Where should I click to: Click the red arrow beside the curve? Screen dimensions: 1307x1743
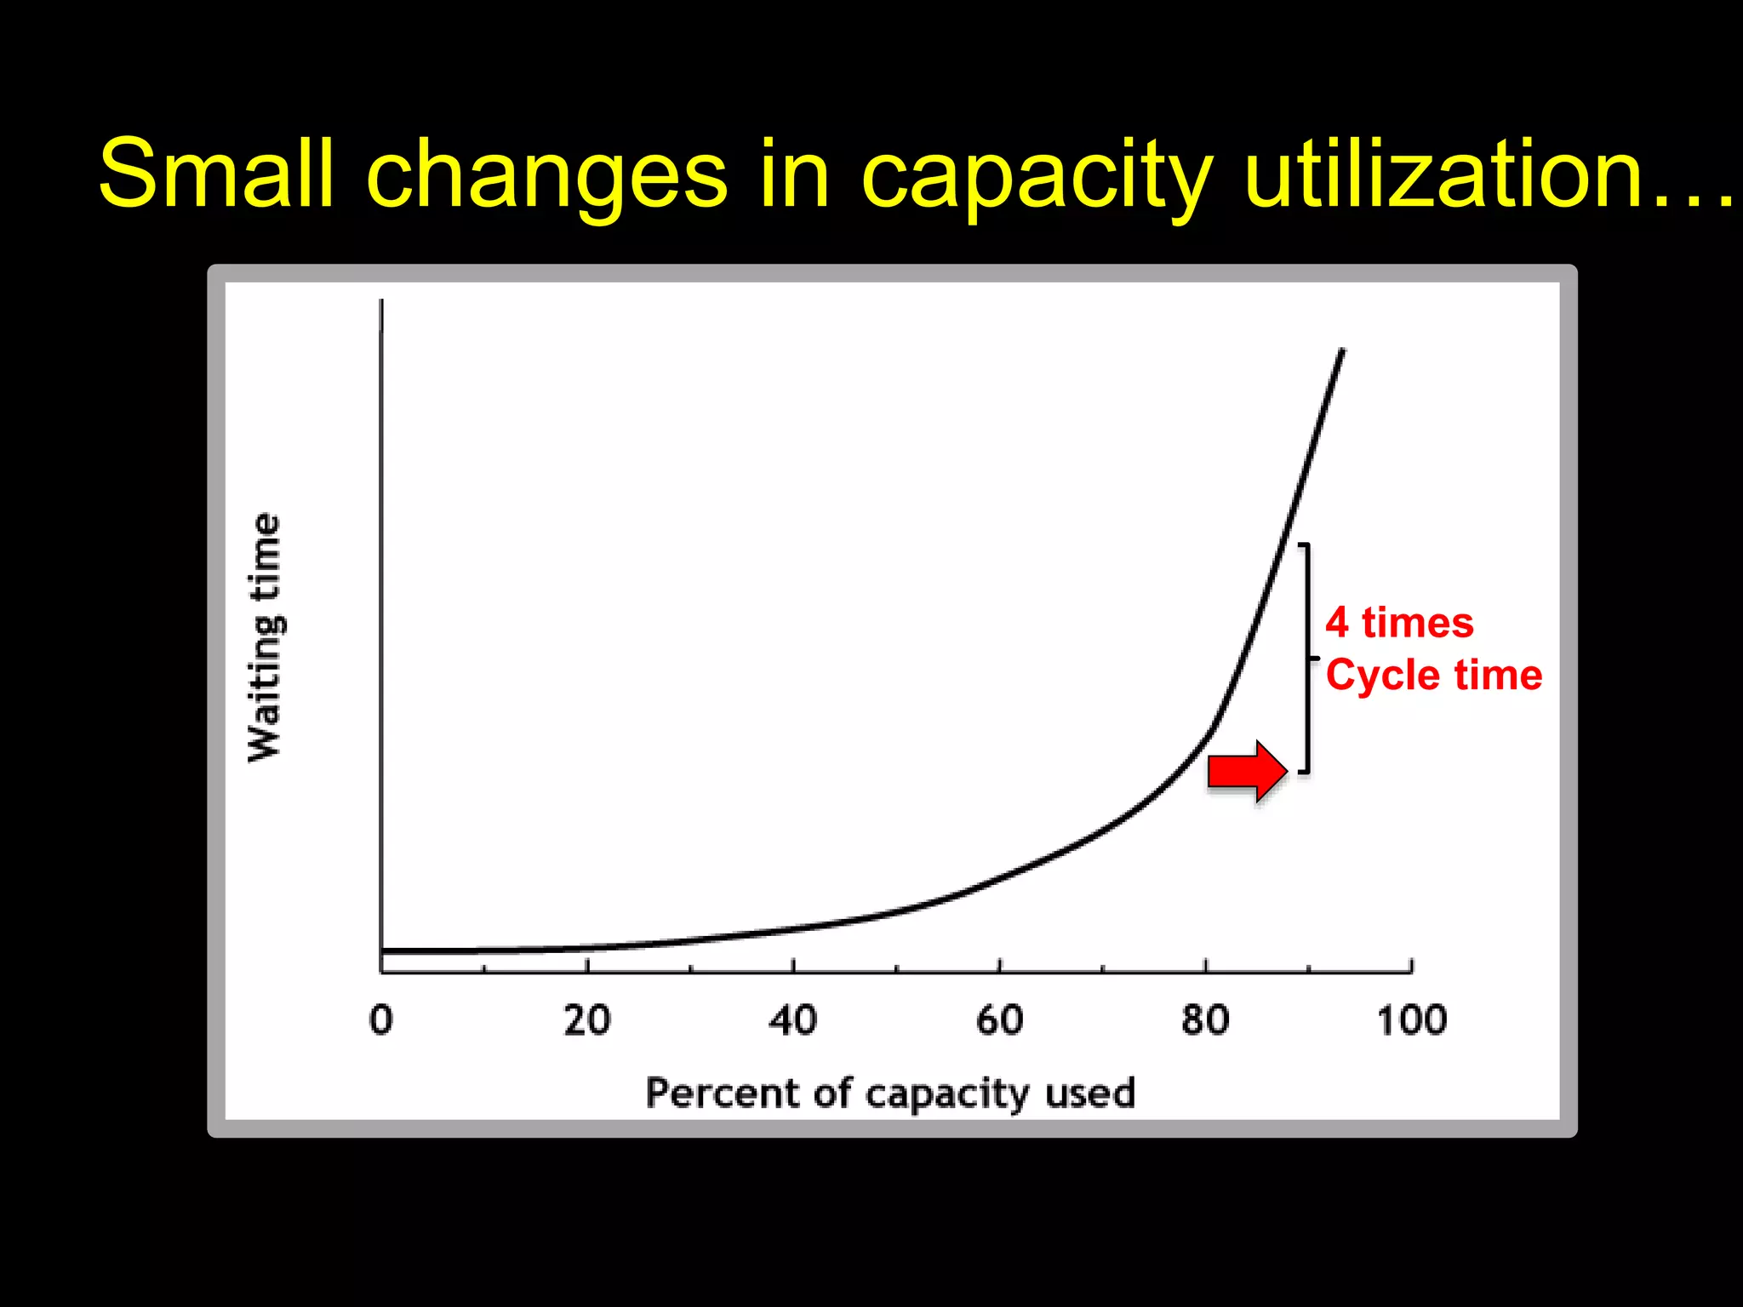click(1247, 770)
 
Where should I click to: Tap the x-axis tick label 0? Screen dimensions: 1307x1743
click(381, 1019)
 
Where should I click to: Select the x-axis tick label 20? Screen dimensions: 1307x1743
click(587, 1019)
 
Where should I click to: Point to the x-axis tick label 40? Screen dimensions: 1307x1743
click(793, 1019)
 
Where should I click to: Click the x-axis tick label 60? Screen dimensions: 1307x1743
click(1000, 1019)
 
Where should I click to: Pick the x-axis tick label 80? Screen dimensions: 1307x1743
click(1205, 1019)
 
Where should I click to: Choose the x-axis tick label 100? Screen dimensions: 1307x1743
click(1412, 1019)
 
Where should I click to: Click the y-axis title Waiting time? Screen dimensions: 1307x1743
click(265, 638)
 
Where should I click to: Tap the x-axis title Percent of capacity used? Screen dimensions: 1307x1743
click(890, 1093)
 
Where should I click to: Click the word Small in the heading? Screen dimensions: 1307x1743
click(216, 174)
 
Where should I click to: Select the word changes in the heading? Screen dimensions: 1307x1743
click(547, 175)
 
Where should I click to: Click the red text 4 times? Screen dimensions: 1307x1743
click(1399, 623)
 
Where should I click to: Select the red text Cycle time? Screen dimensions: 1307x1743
click(1434, 676)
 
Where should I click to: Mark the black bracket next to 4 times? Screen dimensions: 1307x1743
click(1307, 658)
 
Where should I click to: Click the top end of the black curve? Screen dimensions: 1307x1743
click(1342, 351)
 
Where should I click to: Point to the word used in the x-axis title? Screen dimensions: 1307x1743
click(1090, 1092)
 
